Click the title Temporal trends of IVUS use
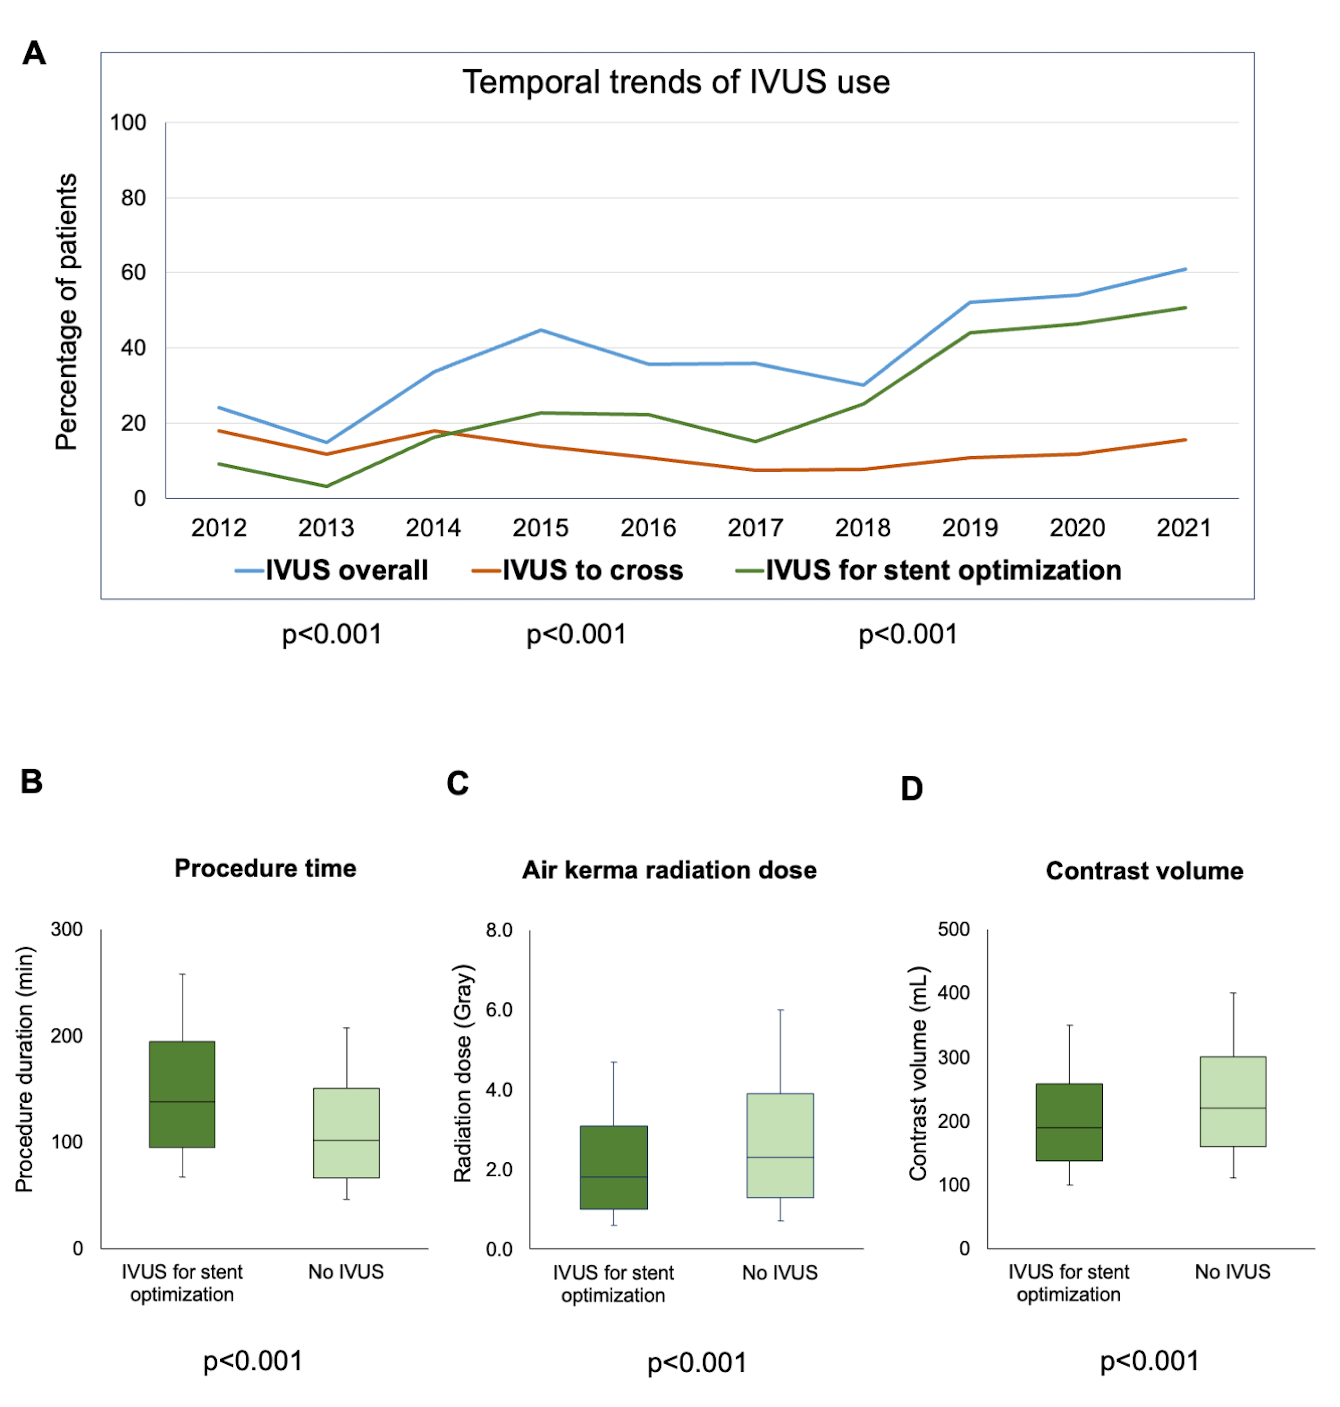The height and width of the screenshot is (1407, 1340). [676, 82]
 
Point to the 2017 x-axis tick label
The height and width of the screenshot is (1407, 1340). [755, 528]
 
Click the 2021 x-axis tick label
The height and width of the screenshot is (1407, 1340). [1183, 528]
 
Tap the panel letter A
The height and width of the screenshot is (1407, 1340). [34, 54]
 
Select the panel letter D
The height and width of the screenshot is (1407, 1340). [911, 789]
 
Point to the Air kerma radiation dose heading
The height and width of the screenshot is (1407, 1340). [669, 870]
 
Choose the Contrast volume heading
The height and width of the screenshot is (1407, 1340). [1144, 871]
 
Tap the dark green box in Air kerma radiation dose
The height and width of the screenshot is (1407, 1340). [613, 1167]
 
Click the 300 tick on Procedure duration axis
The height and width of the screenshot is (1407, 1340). [66, 929]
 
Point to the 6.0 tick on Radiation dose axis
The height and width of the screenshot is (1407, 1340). [499, 1009]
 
